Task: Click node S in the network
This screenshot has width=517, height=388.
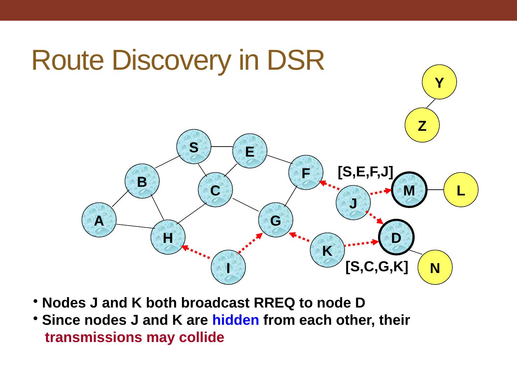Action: coord(194,147)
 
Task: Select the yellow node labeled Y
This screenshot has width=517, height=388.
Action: coord(439,82)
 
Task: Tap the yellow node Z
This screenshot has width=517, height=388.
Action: coord(422,125)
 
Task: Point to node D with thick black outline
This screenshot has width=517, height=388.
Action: coord(396,237)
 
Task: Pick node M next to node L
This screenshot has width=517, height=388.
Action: coord(409,190)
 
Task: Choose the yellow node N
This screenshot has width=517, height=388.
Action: coord(435,267)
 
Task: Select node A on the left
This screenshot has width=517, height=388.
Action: coord(99,220)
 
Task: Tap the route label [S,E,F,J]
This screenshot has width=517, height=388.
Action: coord(365,172)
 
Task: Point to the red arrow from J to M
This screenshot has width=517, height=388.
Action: coord(382,192)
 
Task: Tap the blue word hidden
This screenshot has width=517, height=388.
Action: coord(236,320)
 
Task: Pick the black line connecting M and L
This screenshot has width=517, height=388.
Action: coord(436,190)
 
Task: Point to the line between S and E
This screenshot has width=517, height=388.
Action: coord(222,147)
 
